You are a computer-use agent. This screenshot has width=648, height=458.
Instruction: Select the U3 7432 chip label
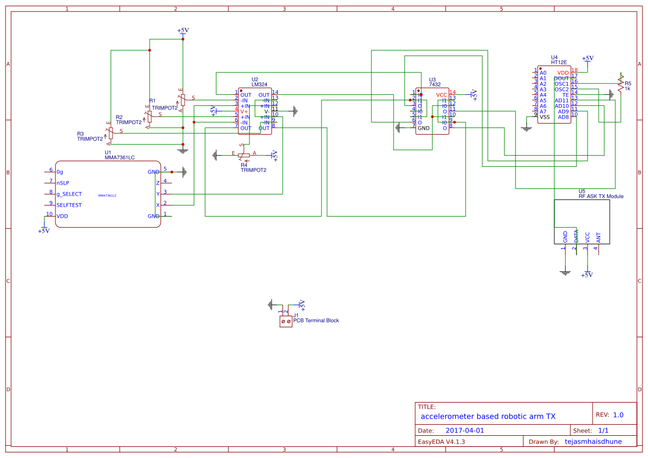click(435, 85)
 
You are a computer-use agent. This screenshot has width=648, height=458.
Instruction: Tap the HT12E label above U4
click(558, 63)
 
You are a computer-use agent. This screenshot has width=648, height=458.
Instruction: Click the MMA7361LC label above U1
click(119, 157)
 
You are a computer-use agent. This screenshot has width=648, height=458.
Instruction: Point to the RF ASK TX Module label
click(601, 196)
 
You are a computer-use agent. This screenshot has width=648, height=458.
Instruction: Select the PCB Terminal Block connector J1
click(285, 321)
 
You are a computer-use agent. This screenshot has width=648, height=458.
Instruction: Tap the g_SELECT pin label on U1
click(69, 194)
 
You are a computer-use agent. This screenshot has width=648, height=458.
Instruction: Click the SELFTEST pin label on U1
click(69, 205)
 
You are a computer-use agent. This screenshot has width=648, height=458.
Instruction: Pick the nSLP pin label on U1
click(63, 183)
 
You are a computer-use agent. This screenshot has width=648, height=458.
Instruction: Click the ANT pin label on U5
click(598, 237)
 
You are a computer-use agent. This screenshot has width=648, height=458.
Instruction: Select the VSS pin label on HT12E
click(544, 117)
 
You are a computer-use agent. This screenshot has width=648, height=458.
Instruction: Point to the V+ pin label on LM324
click(244, 111)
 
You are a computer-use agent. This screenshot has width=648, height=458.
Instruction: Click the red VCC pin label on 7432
click(441, 95)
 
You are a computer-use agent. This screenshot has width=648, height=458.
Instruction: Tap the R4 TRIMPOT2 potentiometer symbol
click(244, 156)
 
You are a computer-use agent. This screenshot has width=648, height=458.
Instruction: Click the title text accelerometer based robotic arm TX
click(488, 416)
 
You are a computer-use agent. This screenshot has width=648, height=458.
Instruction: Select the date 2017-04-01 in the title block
click(465, 430)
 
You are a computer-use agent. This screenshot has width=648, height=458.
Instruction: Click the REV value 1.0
click(618, 415)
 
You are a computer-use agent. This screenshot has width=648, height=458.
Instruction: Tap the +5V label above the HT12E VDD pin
click(588, 58)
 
